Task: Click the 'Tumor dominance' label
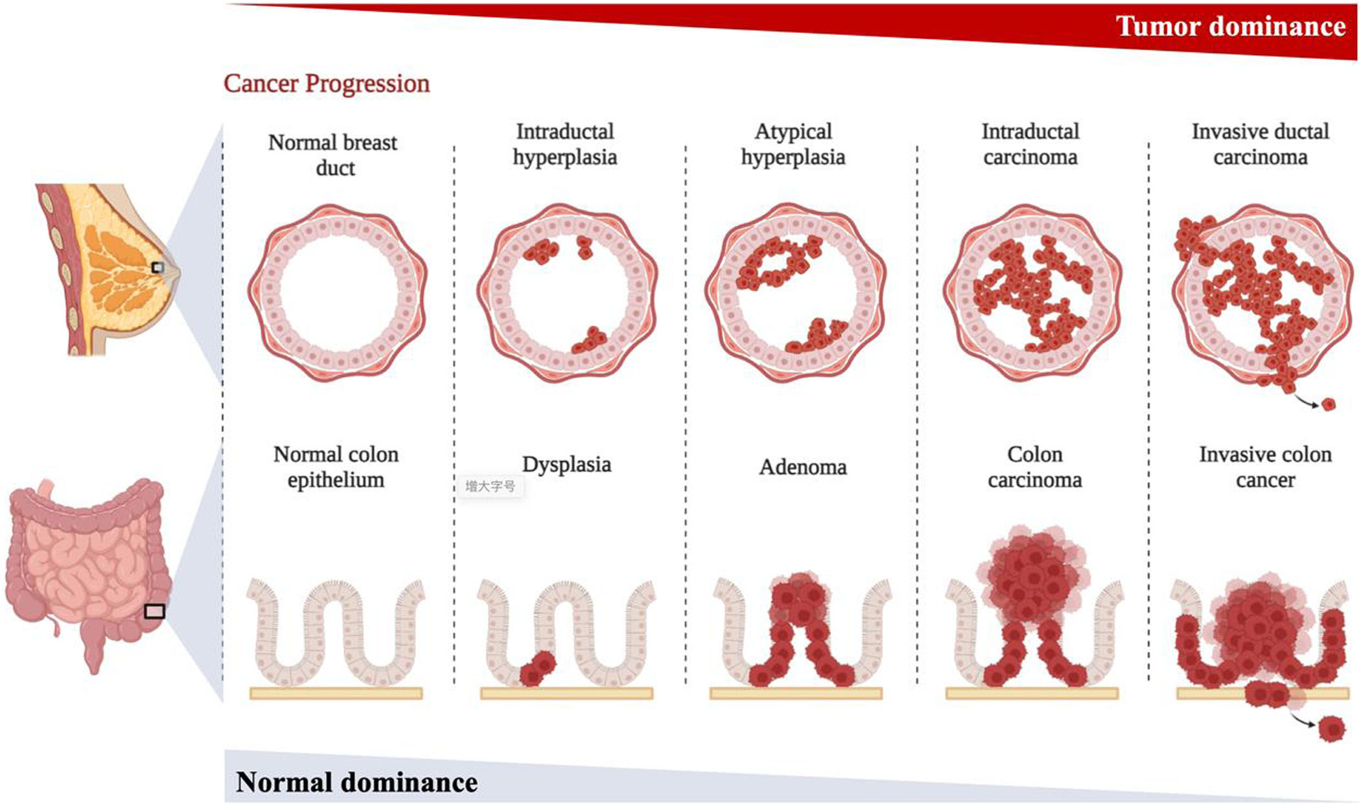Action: point(1231,26)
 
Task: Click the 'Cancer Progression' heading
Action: point(327,84)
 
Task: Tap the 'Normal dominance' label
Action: point(356,782)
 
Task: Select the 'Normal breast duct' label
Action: point(333,155)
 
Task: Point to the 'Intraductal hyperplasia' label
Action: point(564,144)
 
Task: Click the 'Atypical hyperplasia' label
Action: point(793,144)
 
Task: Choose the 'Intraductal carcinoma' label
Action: point(1030,144)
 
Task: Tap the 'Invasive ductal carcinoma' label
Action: point(1261,144)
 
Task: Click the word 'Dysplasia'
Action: point(566,465)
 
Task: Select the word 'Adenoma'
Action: point(803,467)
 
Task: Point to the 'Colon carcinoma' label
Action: point(1034,467)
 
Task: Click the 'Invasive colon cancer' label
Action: point(1265,467)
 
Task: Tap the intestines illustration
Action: point(87,574)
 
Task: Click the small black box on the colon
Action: point(154,611)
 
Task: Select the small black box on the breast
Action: point(157,267)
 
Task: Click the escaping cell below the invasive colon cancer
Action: point(1332,729)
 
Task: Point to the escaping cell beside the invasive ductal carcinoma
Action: point(1329,404)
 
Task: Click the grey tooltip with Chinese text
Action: point(491,486)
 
